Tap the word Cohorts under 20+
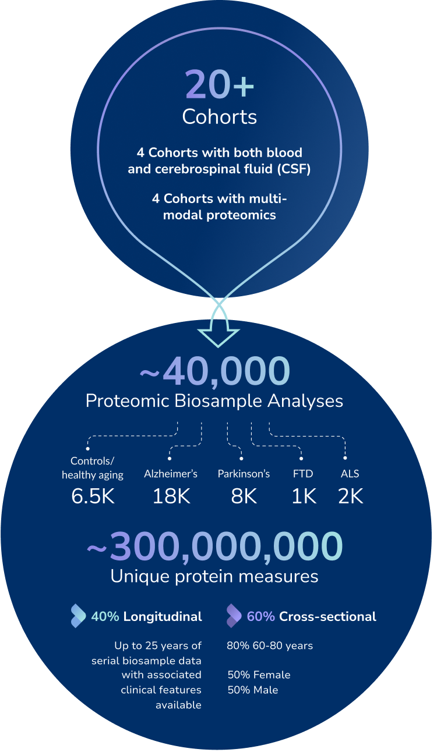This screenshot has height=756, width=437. (x=219, y=116)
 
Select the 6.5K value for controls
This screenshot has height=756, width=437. (x=93, y=496)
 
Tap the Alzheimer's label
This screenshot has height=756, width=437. (x=171, y=474)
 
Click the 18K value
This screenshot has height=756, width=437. (x=171, y=496)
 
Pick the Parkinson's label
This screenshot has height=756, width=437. (x=244, y=474)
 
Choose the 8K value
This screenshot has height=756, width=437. (x=244, y=496)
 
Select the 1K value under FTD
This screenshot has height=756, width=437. (x=304, y=496)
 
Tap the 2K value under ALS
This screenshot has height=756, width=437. (x=350, y=496)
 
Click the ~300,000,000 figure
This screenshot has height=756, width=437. (x=214, y=546)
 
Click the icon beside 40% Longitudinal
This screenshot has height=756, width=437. (x=77, y=616)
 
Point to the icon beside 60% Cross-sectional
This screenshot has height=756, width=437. (x=234, y=616)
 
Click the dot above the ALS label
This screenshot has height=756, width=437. (x=346, y=458)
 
